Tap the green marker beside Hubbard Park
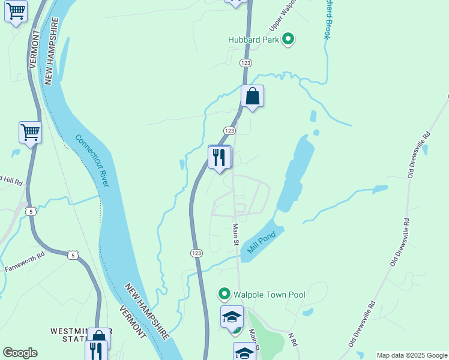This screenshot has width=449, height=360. [289, 40]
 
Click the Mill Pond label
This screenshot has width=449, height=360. [260, 244]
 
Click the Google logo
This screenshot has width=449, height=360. [20, 353]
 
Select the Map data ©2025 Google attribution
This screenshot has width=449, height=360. [412, 355]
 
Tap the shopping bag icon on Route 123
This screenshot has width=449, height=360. [253, 97]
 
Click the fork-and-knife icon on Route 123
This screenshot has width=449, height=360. [219, 157]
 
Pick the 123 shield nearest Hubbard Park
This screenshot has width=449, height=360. [245, 63]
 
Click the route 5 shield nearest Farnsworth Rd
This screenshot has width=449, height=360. [72, 255]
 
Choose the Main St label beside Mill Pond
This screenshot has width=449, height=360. [236, 235]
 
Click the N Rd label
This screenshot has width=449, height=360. [293, 340]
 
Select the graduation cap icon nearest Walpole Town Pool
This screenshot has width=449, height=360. [232, 316]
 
